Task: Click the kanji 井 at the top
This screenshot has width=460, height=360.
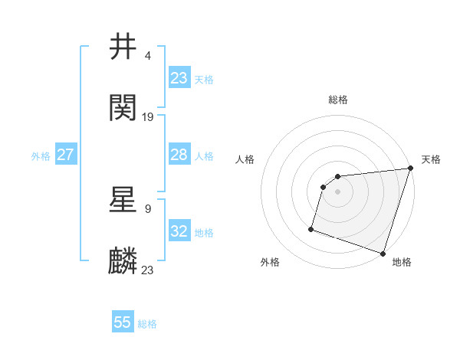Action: [x=123, y=47]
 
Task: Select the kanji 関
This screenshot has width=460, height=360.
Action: [x=123, y=108]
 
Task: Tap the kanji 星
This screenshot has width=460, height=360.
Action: [x=123, y=200]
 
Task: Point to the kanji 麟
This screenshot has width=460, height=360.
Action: [x=123, y=261]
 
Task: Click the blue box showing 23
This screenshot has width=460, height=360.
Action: [x=179, y=78]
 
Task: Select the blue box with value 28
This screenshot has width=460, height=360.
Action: [x=179, y=155]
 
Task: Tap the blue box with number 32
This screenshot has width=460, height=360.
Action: [x=179, y=231]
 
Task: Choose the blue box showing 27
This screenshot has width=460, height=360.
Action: [x=65, y=155]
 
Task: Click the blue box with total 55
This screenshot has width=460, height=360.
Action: [x=123, y=322]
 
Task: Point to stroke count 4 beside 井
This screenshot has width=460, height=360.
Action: [x=147, y=55]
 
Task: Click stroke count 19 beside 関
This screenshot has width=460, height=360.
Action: [x=148, y=116]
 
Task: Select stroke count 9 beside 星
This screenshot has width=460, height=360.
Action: [x=147, y=208]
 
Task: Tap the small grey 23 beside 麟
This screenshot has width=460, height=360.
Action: [x=148, y=270]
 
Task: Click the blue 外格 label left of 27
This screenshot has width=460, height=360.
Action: [x=41, y=156]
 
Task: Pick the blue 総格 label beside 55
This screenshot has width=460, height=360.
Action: [x=147, y=324]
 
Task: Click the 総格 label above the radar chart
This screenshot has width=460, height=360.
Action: [x=338, y=100]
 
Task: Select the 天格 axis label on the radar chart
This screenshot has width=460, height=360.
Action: [x=431, y=159]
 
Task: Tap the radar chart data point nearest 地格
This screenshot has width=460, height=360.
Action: [x=383, y=253]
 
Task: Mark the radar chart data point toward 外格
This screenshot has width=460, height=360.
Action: [x=311, y=228]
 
